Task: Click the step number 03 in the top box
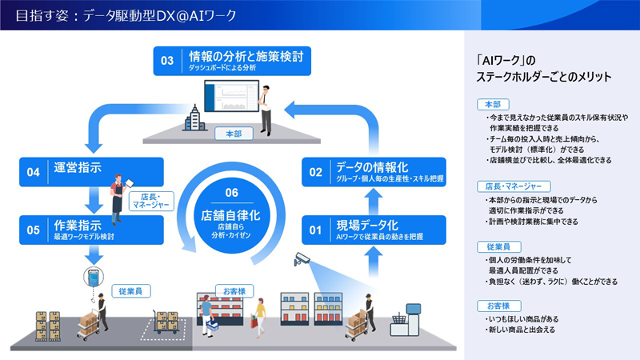(167, 61)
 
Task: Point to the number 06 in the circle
(231, 191)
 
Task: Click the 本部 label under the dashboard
(233, 134)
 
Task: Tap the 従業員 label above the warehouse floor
(128, 291)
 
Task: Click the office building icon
(196, 118)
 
